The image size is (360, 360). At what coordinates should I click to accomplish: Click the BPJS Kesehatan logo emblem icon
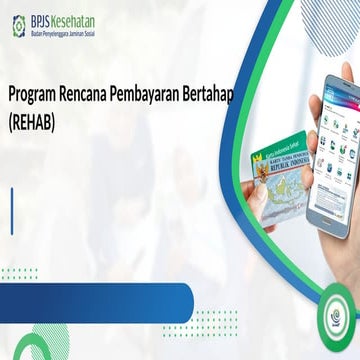click(18, 26)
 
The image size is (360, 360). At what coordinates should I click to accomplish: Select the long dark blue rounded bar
click(95, 297)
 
